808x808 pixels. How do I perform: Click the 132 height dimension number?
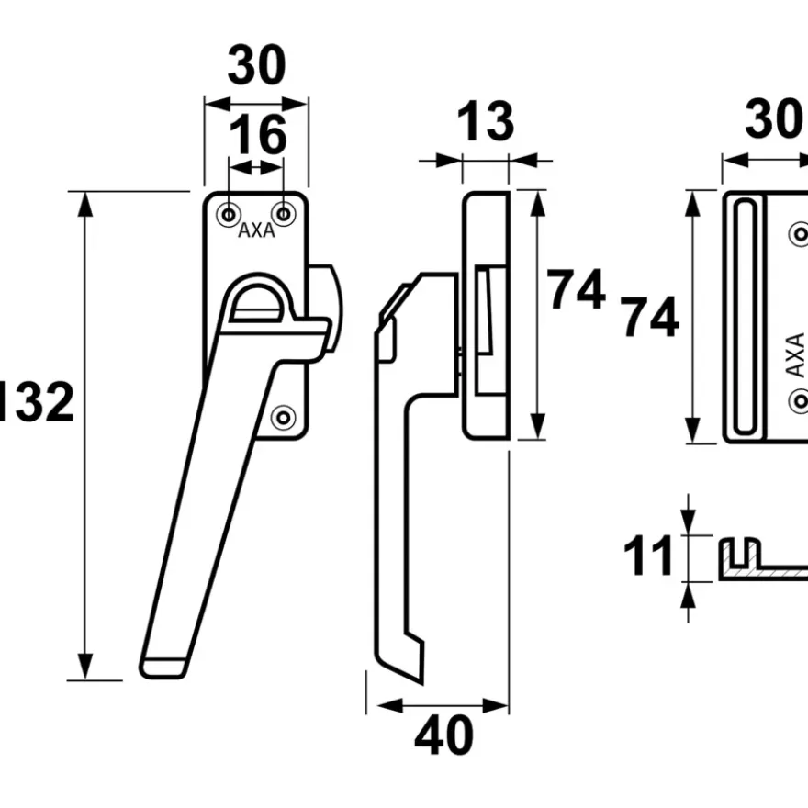click(x=36, y=401)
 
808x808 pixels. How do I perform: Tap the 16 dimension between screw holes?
click(x=258, y=135)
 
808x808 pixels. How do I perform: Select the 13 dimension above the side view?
click(x=485, y=121)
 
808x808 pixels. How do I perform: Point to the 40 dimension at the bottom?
click(x=443, y=735)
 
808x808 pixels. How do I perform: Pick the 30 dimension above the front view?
click(x=256, y=65)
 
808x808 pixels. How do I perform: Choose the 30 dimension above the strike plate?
click(x=776, y=119)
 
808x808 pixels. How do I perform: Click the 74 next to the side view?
click(x=576, y=289)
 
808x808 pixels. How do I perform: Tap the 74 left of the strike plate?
click(x=650, y=317)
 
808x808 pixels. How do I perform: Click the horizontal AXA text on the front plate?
click(x=256, y=230)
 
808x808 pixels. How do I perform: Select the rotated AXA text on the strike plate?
click(x=796, y=355)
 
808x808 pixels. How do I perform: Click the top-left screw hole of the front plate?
click(x=229, y=214)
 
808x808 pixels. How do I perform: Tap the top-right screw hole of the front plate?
click(x=284, y=214)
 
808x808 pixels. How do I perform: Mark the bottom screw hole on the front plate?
click(x=284, y=418)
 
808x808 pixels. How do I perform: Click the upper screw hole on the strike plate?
click(x=800, y=234)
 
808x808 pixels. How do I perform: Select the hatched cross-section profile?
click(x=764, y=559)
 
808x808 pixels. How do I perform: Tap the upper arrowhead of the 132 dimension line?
click(x=85, y=205)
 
